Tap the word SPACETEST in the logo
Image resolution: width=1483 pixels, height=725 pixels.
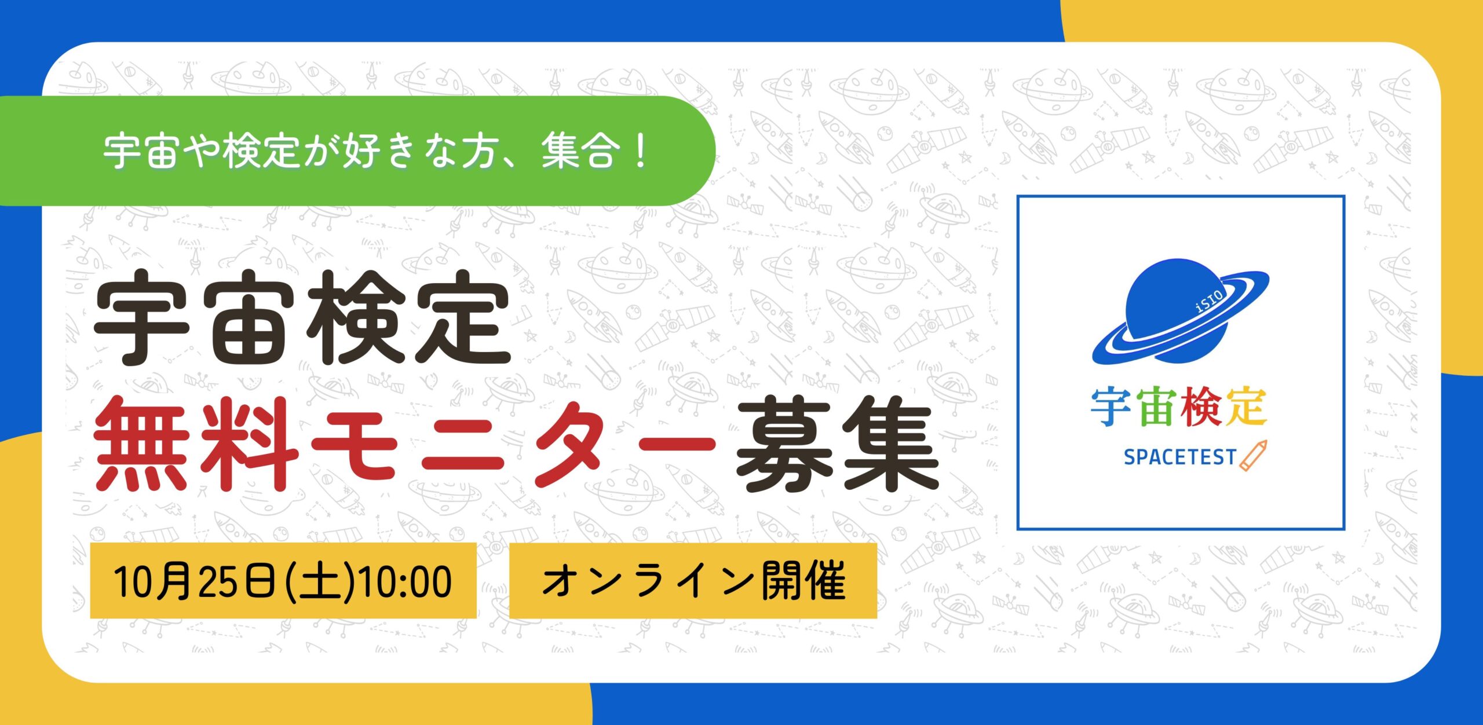pyautogui.click(x=1179, y=457)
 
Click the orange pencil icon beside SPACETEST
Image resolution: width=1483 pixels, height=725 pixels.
pyautogui.click(x=1253, y=456)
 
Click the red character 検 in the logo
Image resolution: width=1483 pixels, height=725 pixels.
pyautogui.click(x=1201, y=408)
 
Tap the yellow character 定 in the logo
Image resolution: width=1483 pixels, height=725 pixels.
pyautogui.click(x=1245, y=408)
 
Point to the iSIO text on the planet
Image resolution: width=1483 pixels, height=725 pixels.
pyautogui.click(x=1209, y=301)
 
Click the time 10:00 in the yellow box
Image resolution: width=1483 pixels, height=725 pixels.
pyautogui.click(x=406, y=582)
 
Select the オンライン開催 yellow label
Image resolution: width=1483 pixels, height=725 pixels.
pyautogui.click(x=693, y=581)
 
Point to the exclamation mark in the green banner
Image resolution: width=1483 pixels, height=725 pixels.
pyautogui.click(x=640, y=151)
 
